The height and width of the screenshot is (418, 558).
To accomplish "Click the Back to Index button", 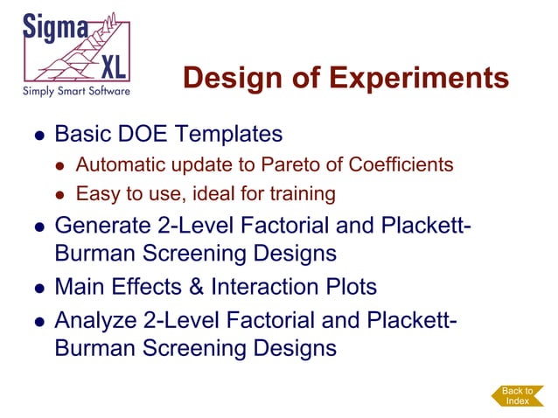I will [517, 395].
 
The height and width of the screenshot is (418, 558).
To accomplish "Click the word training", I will [303, 192].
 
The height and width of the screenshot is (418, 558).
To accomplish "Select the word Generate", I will [101, 225].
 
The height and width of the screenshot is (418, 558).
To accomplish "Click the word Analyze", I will [95, 319].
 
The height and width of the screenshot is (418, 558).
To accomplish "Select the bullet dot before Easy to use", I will [60, 193].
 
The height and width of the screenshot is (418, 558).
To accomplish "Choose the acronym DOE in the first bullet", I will [140, 135].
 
